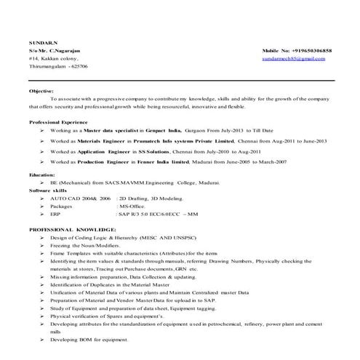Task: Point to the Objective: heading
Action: [x=41, y=91]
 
